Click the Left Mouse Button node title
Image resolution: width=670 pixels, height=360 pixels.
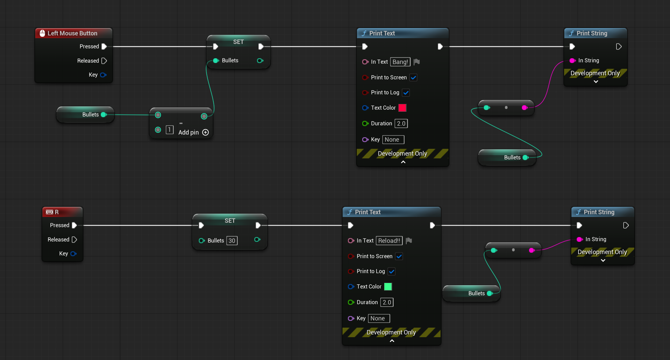72,33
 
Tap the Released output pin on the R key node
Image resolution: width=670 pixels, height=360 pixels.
75,239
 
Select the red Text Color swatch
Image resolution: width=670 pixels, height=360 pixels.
402,108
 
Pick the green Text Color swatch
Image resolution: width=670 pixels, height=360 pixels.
388,286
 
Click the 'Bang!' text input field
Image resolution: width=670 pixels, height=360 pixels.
400,62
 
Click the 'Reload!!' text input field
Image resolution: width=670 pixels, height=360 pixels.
389,240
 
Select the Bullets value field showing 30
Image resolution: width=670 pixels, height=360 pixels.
232,240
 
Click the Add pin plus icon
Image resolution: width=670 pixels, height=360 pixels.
205,132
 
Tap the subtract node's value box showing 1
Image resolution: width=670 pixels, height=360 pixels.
170,130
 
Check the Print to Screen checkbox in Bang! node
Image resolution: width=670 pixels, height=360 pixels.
413,77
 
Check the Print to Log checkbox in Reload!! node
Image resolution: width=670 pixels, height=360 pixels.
392,271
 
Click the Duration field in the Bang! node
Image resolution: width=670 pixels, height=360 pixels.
401,123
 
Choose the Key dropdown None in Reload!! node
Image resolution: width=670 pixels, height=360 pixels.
379,318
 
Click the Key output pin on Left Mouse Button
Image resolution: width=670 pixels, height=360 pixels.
103,75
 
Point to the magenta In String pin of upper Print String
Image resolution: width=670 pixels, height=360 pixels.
573,61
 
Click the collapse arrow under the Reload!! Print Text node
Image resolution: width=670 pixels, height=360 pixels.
392,341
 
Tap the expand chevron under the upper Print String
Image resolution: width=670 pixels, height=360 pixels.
596,82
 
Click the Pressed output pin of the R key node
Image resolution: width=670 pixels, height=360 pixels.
74,225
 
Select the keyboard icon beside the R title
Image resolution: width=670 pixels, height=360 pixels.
49,212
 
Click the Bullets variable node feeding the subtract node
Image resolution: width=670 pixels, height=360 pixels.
85,114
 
